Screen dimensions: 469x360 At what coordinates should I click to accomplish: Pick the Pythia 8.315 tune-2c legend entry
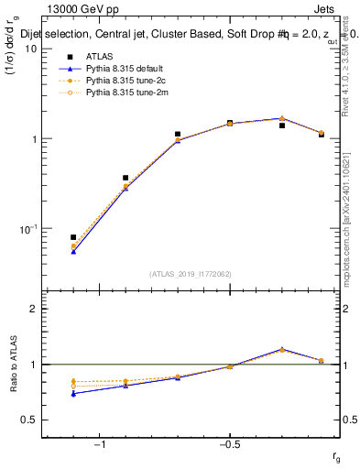tap(115, 80)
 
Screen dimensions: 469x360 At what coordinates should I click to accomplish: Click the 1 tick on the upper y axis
tap(33, 139)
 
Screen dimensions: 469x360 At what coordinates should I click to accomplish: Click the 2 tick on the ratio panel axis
tap(33, 309)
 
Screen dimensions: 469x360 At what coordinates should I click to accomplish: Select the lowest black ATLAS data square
tap(73, 237)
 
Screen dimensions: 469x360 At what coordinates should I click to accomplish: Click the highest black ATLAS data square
tap(230, 123)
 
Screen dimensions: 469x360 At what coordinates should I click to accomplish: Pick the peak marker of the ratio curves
tap(282, 349)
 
